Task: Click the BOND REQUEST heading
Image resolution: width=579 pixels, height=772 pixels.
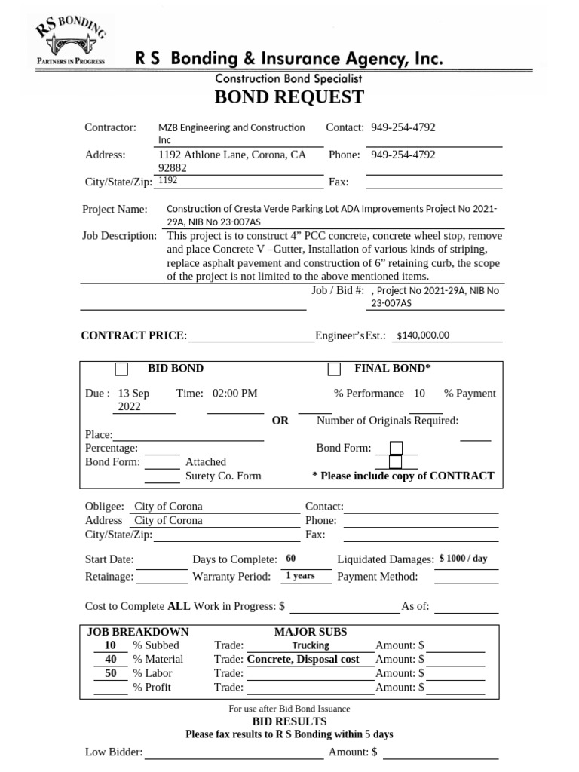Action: click(289, 97)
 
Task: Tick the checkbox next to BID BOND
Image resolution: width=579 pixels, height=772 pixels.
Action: click(121, 369)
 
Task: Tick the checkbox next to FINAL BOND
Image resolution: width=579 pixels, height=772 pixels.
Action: click(334, 369)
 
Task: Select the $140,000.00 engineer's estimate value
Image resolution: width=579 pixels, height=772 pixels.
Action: click(422, 335)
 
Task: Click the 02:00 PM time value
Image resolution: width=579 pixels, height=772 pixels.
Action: click(235, 394)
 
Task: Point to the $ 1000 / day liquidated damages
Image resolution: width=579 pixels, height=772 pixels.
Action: click(463, 559)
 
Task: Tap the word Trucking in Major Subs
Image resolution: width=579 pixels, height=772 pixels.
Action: click(311, 645)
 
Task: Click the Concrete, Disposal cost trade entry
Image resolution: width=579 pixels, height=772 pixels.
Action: click(303, 660)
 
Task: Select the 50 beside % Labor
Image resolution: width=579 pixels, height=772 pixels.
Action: click(110, 673)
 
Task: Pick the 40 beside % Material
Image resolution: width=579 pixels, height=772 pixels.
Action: click(110, 660)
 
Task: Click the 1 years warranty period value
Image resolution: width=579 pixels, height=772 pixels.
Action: click(299, 576)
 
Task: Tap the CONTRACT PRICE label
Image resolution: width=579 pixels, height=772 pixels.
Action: click(133, 335)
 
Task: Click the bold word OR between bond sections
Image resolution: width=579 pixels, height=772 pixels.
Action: click(280, 421)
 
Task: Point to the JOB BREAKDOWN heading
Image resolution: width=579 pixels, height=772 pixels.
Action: click(138, 632)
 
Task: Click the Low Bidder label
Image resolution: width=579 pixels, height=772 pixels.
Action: click(113, 752)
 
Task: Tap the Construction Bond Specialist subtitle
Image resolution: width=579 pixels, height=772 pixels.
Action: click(289, 78)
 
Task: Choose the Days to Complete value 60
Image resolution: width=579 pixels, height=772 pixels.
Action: click(291, 559)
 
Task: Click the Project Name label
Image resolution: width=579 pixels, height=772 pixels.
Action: click(115, 210)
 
